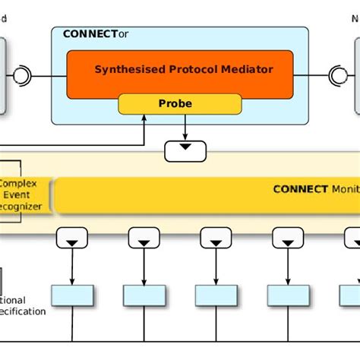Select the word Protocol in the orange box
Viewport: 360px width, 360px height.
click(190, 69)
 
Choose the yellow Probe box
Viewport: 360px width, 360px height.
click(180, 103)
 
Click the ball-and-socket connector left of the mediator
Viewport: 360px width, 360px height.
click(21, 75)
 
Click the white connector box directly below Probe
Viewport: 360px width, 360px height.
click(185, 150)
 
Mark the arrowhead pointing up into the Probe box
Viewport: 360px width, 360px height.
click(144, 118)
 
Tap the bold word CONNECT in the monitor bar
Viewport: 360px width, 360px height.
click(300, 189)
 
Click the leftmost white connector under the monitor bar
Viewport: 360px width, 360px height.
click(72, 238)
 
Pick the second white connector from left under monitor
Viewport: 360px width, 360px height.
click(144, 238)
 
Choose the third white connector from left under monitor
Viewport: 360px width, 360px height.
click(216, 238)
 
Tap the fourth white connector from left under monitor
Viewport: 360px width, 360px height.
click(288, 238)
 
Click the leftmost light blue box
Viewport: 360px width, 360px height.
click(72, 295)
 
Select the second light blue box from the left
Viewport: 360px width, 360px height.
click(144, 295)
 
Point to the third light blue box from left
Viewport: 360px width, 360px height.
click(216, 295)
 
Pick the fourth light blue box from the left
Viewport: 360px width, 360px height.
click(288, 295)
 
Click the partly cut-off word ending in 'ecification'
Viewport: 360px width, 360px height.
click(23, 311)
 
